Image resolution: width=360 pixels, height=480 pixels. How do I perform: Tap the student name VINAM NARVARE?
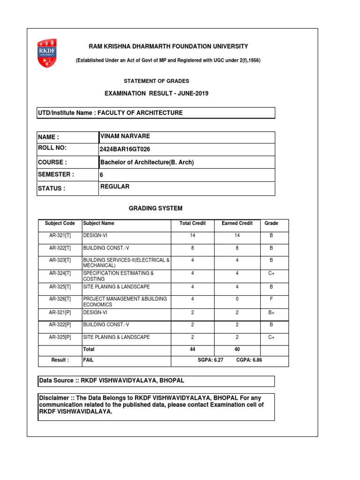click(125, 136)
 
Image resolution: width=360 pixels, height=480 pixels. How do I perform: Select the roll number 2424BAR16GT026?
click(125, 150)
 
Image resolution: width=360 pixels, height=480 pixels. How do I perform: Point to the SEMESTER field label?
click(56, 174)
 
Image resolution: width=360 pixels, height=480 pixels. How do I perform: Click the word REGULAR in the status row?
click(115, 187)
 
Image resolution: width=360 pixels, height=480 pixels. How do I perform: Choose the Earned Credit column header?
click(237, 223)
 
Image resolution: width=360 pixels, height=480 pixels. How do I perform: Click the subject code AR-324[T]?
click(60, 273)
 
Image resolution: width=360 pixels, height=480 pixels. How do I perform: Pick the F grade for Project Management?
click(271, 299)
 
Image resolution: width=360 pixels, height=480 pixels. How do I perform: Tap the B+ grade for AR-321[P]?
click(271, 312)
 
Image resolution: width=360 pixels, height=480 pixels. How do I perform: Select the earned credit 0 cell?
click(238, 299)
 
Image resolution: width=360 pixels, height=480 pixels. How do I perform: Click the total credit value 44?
click(192, 349)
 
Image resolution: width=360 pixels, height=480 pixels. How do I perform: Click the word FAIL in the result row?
click(89, 360)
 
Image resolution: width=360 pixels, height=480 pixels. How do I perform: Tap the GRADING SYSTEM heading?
click(156, 208)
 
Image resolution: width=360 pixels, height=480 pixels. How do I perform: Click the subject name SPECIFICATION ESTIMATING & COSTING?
click(118, 276)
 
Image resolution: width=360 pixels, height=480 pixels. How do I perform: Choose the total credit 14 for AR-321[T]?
click(192, 235)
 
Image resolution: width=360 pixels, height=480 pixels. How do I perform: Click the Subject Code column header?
click(60, 223)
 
